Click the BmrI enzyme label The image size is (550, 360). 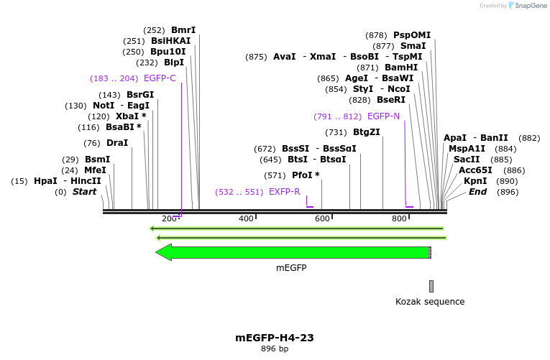[x=183, y=30]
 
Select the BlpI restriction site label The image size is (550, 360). [x=174, y=63]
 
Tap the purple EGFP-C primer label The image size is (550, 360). [x=160, y=78]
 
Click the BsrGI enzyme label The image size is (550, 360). [x=140, y=95]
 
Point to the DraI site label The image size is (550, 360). [x=117, y=143]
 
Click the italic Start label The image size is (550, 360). [x=84, y=192]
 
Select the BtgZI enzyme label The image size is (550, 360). [x=367, y=132]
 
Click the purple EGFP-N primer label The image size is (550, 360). [x=383, y=116]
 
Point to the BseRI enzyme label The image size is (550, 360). [x=391, y=100]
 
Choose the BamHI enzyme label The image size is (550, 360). [x=401, y=68]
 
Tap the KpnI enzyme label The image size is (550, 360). [x=475, y=181]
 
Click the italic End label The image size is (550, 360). [x=478, y=192]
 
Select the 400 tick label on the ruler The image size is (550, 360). [x=246, y=218]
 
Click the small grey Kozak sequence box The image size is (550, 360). [x=431, y=286]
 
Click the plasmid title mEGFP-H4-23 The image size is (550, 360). [x=275, y=338]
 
